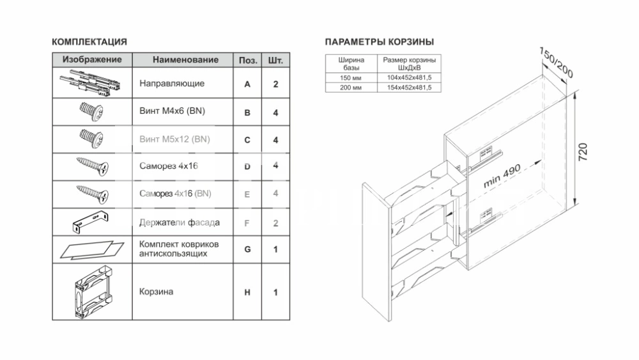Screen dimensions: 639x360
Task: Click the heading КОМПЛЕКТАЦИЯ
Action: pos(89,42)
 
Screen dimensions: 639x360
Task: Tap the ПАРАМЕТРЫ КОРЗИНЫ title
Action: pos(380,42)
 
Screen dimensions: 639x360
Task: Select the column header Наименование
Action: pos(185,60)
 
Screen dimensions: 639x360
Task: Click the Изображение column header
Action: pos(92,59)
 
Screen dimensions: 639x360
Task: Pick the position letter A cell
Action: pos(247,84)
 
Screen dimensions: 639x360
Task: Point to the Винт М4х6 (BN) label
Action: pos(172,111)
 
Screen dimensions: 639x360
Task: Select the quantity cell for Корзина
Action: pos(275,292)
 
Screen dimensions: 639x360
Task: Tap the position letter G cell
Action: pos(247,249)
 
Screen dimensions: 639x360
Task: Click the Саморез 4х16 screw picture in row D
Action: pos(93,166)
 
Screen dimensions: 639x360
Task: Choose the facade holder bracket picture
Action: pos(91,222)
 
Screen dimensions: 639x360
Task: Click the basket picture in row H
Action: pos(93,292)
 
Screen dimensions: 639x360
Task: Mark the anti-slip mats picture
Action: pos(92,249)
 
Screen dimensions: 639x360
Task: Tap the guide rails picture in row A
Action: pos(91,82)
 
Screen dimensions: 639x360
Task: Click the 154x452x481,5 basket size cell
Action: pos(409,87)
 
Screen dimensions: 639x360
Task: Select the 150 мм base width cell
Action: pos(351,77)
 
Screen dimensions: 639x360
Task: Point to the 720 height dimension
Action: pos(583,152)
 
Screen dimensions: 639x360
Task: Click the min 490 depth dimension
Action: pos(502,176)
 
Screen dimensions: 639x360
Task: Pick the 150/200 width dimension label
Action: pos(557,63)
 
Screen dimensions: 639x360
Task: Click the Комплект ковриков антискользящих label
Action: pos(179,249)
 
